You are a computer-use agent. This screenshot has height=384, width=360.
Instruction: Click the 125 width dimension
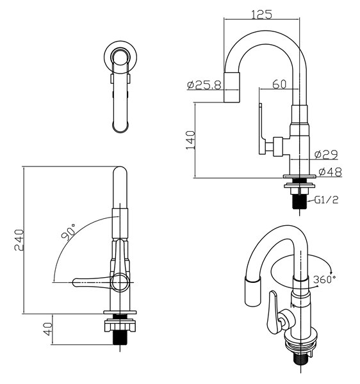click(x=262, y=15)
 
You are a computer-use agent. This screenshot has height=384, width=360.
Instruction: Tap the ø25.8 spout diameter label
click(x=204, y=85)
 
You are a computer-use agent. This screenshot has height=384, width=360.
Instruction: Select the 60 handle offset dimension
click(x=279, y=84)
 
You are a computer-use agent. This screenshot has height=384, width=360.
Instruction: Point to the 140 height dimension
click(x=190, y=140)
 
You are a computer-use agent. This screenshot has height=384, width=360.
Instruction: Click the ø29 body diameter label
click(x=326, y=154)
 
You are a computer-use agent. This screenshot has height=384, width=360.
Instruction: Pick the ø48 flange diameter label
click(x=330, y=172)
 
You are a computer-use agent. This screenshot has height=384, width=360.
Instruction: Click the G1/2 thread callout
click(x=326, y=200)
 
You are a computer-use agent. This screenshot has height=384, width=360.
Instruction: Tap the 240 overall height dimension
click(x=19, y=240)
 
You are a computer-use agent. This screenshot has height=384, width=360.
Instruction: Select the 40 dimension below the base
click(x=48, y=329)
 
